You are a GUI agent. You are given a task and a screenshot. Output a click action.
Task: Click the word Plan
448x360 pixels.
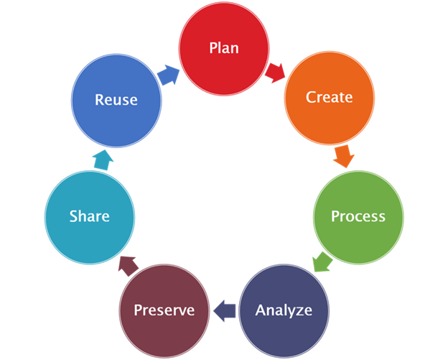click(x=223, y=48)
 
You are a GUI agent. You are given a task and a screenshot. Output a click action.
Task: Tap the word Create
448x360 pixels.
click(x=330, y=97)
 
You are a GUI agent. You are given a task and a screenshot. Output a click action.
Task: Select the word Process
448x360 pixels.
click(x=358, y=216)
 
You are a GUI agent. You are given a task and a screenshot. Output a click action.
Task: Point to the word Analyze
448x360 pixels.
click(x=284, y=310)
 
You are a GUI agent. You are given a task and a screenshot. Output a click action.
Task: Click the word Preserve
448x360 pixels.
click(x=164, y=310)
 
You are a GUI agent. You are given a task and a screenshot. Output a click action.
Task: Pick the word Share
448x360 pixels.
click(x=89, y=216)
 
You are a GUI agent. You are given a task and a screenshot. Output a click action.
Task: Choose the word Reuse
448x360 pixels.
click(x=116, y=100)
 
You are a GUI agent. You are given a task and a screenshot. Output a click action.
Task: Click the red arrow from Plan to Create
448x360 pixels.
click(x=275, y=70)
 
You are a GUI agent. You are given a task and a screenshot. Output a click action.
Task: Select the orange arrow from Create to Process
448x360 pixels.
click(x=344, y=155)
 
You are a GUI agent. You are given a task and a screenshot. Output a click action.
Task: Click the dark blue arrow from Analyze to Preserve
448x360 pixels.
click(x=225, y=310)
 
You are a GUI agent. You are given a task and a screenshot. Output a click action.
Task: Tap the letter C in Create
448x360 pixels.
click(x=311, y=97)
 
